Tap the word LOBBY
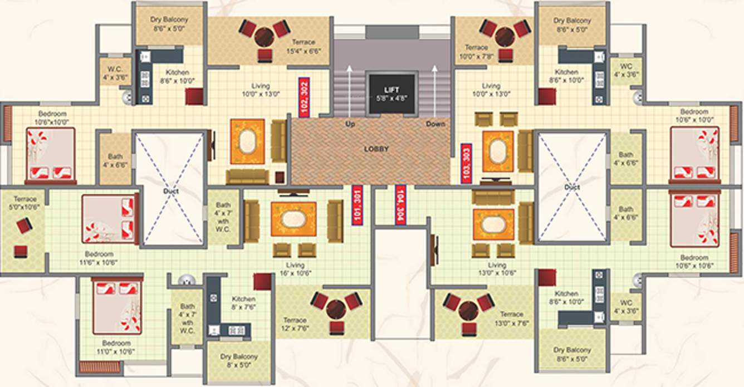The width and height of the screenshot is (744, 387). [x=376, y=149]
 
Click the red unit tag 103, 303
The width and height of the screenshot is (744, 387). [x=467, y=162]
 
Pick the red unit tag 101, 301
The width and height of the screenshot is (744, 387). [x=357, y=204]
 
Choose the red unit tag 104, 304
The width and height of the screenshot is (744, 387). [x=400, y=204]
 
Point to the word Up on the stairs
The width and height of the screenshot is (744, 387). [x=349, y=124]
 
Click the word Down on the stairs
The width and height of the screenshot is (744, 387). [x=435, y=124]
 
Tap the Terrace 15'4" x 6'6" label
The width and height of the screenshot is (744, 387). [x=301, y=47]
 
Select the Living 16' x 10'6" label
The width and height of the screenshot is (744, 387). [x=295, y=270]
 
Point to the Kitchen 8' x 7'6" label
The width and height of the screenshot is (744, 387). [x=244, y=303]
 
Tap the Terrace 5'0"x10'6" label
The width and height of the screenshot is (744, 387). [x=25, y=203]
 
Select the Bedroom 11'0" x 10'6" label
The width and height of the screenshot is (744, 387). [x=116, y=347]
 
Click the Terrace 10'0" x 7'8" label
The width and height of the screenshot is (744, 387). [x=476, y=52]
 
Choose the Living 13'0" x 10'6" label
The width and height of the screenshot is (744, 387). [x=497, y=270]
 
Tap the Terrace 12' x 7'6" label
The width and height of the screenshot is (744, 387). [x=295, y=325]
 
